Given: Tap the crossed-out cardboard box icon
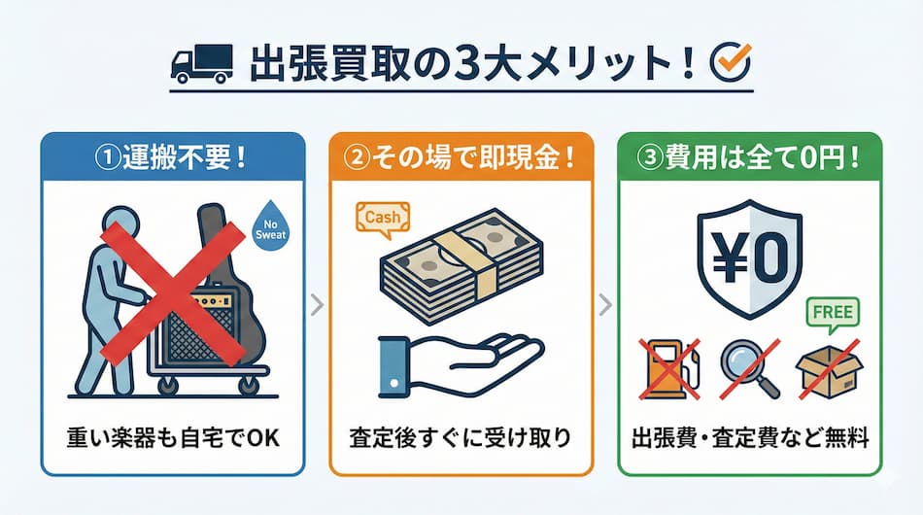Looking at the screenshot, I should (x=827, y=372).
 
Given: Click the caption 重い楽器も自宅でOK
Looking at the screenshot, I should (x=173, y=438).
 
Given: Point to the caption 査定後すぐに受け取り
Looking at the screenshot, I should (x=461, y=438).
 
